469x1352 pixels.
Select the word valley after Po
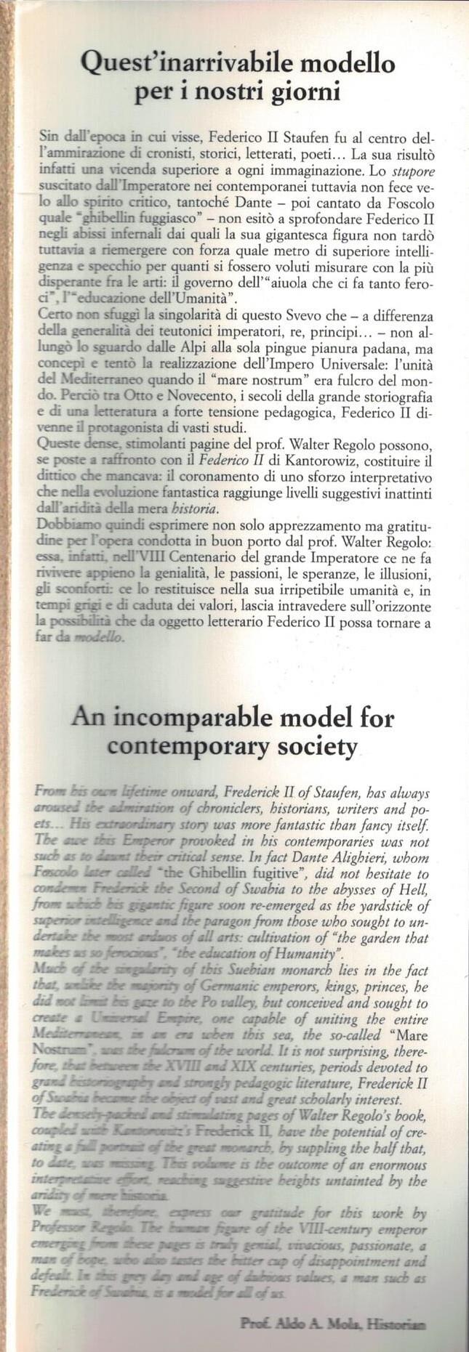[x=247, y=1002]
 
